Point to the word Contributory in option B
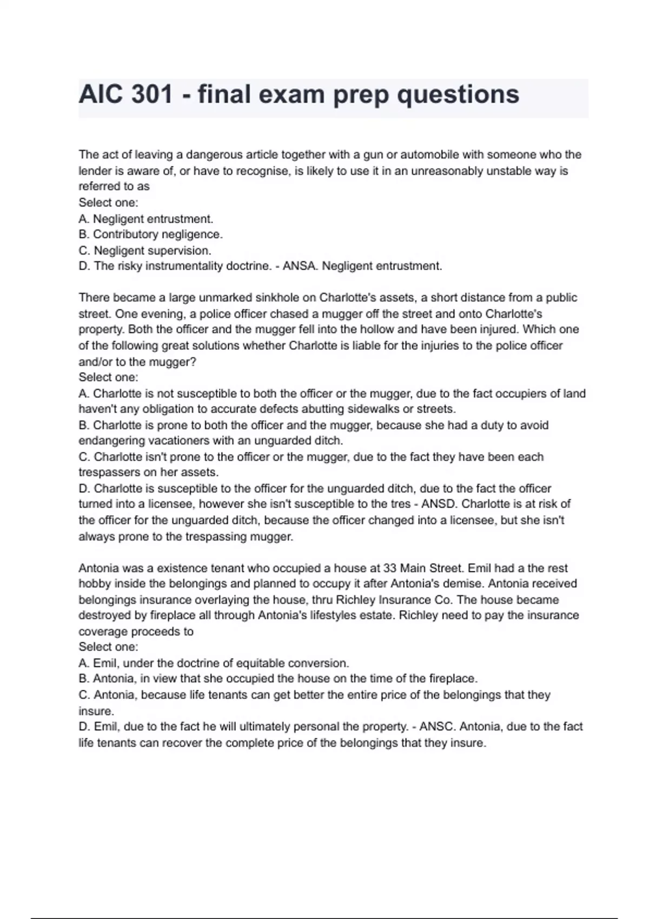[126, 235]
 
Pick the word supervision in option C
[179, 251]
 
